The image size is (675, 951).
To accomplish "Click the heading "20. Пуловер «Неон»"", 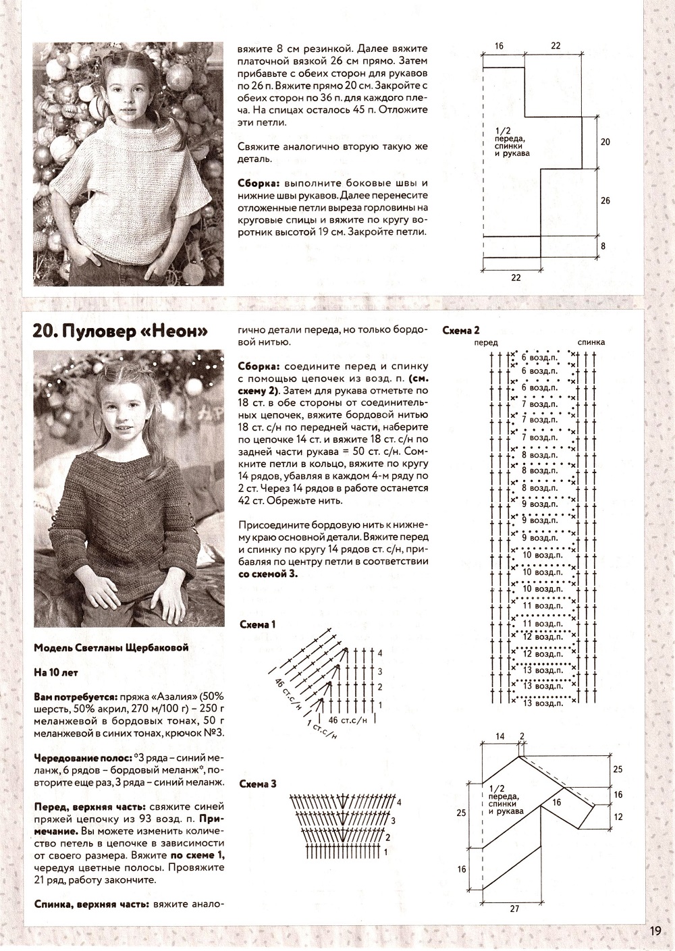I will pos(119,331).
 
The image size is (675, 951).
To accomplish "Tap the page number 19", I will pos(655,931).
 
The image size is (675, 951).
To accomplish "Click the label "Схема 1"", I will pos(258,625).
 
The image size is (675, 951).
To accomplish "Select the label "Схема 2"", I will pos(460,330).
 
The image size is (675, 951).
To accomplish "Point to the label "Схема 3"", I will pos(258,784).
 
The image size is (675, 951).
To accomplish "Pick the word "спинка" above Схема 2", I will pos(591,343).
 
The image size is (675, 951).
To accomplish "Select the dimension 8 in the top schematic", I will pos(605,246).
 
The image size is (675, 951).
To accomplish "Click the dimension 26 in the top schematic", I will pos(605,201).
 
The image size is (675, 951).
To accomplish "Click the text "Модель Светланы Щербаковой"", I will pos(111,648).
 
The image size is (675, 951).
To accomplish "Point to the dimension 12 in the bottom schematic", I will pos(618,817).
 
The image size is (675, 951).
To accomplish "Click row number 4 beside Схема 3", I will pos(400,803).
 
